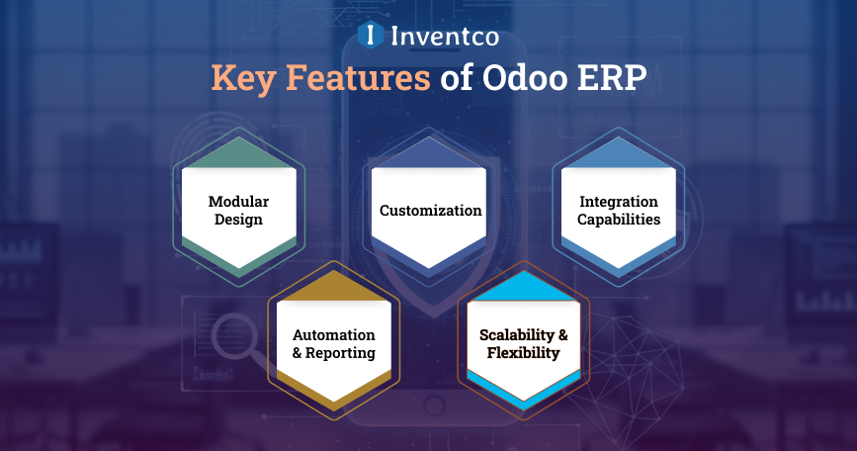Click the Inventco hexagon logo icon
[370, 36]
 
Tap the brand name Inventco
[444, 37]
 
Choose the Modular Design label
[238, 211]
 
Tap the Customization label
[430, 211]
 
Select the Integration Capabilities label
[619, 211]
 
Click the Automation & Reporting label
[333, 344]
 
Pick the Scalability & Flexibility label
[523, 344]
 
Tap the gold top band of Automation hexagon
[333, 289]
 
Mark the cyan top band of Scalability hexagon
[523, 289]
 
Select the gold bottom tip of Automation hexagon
[333, 396]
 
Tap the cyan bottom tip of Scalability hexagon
[523, 396]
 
